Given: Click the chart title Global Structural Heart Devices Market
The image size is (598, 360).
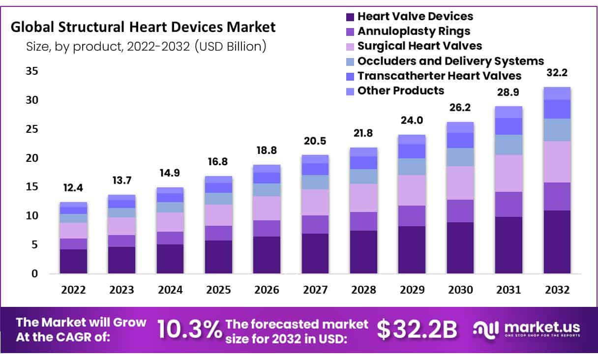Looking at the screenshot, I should point(143,27).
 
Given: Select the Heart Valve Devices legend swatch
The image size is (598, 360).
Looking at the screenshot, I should point(350,17).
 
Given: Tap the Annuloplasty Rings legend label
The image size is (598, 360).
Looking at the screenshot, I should point(414,31).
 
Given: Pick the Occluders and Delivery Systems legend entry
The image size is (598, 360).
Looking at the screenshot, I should point(450,61).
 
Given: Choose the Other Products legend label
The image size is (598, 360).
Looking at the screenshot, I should point(400,90).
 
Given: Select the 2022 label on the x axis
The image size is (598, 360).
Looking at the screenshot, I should point(73,290).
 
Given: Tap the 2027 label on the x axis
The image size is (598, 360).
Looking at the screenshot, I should point(315,290).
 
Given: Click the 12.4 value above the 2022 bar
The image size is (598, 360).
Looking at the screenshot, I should point(73,187).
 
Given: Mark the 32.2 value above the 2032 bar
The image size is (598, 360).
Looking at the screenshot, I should point(557,73).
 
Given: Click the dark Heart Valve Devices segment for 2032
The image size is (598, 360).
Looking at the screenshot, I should point(557,242).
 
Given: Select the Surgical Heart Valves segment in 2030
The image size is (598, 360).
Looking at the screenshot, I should point(460,183).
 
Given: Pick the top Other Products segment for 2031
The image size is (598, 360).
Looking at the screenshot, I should point(508,112).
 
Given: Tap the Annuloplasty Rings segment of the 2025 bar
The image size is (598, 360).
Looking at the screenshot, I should point(218,233).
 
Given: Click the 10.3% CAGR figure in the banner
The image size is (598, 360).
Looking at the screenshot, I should point(190,330).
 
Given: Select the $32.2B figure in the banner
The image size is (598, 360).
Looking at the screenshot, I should point(417,330).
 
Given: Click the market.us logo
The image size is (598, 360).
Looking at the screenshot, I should point(526,329).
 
